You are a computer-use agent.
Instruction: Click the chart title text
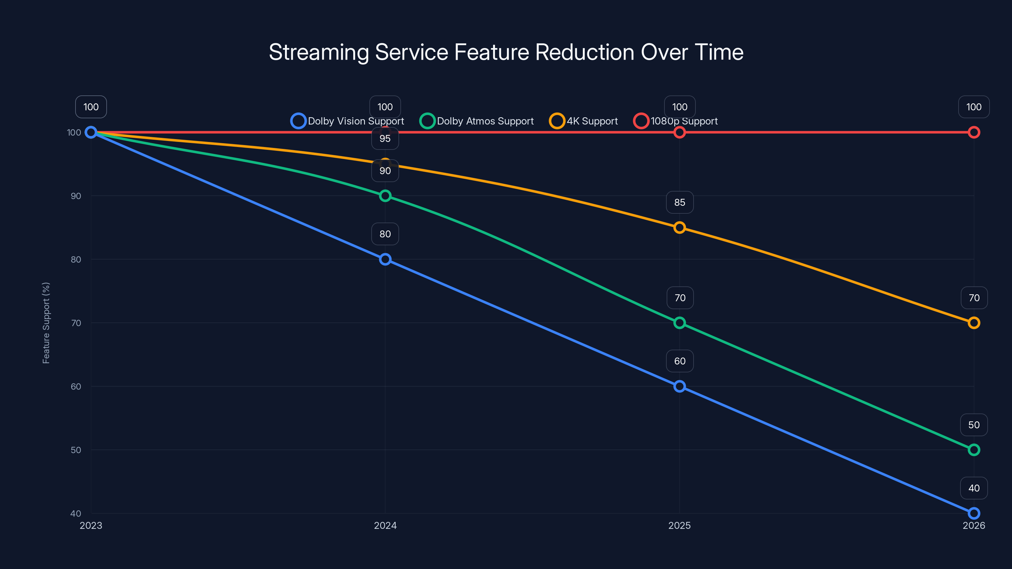506,52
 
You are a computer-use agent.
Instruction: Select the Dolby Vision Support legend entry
348,121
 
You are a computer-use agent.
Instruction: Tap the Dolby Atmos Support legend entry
477,121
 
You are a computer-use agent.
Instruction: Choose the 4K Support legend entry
584,121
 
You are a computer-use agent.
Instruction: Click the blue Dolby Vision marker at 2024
385,259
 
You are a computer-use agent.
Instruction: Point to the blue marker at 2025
679,386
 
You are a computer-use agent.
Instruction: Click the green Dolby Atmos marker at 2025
679,323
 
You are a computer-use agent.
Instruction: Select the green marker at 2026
973,450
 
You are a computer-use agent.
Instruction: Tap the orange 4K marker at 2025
679,227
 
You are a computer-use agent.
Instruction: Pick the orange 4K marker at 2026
973,323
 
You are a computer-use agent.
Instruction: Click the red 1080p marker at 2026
973,132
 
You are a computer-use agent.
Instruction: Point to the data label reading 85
680,202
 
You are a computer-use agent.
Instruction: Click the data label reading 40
973,488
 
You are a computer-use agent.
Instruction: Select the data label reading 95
385,139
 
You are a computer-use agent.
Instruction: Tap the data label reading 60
680,361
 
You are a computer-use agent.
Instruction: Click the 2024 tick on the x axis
385,525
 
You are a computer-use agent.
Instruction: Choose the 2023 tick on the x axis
91,525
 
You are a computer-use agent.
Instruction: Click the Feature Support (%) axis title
46,323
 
